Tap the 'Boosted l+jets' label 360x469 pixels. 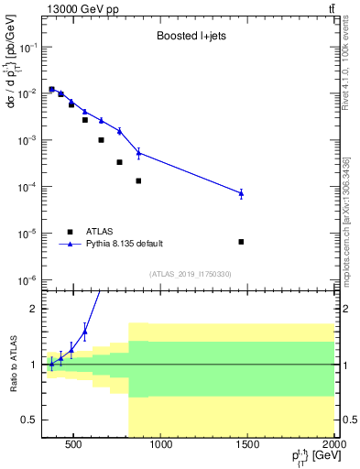coord(191,37)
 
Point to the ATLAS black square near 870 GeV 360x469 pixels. coord(138,180)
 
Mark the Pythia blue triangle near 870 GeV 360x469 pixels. coord(138,152)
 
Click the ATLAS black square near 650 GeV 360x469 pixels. coord(101,140)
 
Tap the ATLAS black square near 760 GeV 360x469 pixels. coord(119,162)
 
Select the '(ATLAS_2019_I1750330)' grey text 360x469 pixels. coord(191,274)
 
